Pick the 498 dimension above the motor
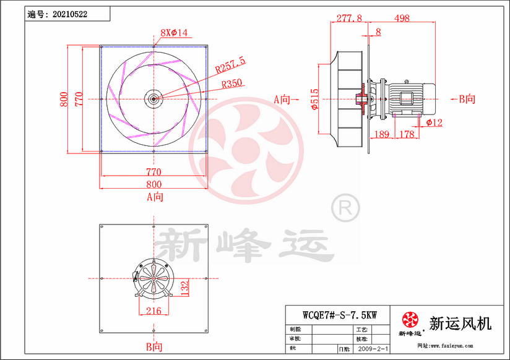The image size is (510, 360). point(402,19)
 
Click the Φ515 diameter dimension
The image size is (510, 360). point(314,99)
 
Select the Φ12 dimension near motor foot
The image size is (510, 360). point(434,122)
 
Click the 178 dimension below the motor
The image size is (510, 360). point(406,134)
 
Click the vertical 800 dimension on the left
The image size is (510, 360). point(64,99)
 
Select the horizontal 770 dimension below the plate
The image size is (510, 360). point(153,171)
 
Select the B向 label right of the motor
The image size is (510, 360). point(467,98)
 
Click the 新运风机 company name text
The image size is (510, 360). point(460,322)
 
